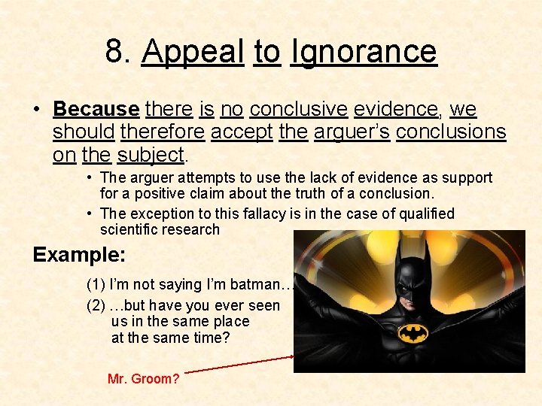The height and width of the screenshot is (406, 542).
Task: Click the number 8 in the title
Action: pyautogui.click(x=115, y=52)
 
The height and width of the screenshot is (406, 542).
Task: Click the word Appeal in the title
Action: pyautogui.click(x=193, y=52)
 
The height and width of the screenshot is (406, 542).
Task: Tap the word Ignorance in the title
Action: pyautogui.click(x=364, y=52)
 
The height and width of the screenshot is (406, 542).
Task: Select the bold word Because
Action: pyautogui.click(x=96, y=110)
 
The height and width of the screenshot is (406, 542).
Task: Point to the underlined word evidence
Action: pyautogui.click(x=396, y=110)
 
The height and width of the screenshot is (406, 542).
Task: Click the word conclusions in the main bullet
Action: pyautogui.click(x=451, y=132)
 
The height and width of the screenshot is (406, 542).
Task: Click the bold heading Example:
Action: pyautogui.click(x=79, y=254)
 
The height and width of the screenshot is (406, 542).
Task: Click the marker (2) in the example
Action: pyautogui.click(x=96, y=306)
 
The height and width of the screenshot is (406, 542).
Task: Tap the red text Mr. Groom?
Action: pyautogui.click(x=143, y=379)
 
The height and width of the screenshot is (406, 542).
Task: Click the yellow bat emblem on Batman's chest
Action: pyautogui.click(x=414, y=333)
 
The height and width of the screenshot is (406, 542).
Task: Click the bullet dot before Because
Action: pyautogui.click(x=36, y=110)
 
